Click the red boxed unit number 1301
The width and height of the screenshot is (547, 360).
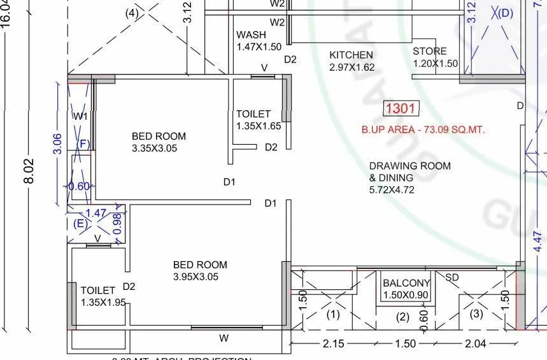click(x=401, y=109)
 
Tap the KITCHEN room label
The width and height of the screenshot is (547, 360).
click(x=351, y=55)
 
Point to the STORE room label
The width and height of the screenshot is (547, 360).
click(x=430, y=52)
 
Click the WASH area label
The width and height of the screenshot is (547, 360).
click(x=252, y=35)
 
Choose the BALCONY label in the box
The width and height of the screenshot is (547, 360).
click(x=406, y=284)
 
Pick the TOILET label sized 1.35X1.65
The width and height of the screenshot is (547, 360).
click(x=253, y=114)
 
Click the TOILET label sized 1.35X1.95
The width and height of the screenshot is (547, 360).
click(x=98, y=291)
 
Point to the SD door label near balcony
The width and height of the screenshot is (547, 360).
click(x=452, y=278)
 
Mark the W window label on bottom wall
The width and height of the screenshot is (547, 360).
click(x=224, y=338)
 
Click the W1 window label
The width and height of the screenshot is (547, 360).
click(x=80, y=117)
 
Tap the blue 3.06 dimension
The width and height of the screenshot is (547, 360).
click(x=57, y=144)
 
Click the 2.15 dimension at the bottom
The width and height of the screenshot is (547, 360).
click(x=333, y=344)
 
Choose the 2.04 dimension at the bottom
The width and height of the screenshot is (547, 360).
click(x=475, y=344)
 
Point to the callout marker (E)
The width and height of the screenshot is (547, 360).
click(x=80, y=224)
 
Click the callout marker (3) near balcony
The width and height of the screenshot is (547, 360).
click(x=476, y=314)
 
